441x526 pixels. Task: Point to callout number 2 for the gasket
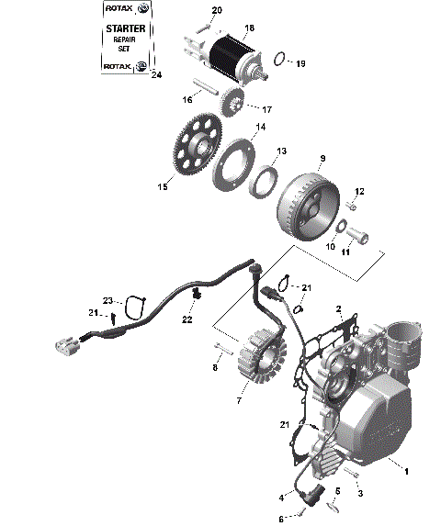[x=338, y=309]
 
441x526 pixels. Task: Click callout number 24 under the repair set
[x=155, y=75]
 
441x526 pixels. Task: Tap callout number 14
[x=261, y=128]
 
